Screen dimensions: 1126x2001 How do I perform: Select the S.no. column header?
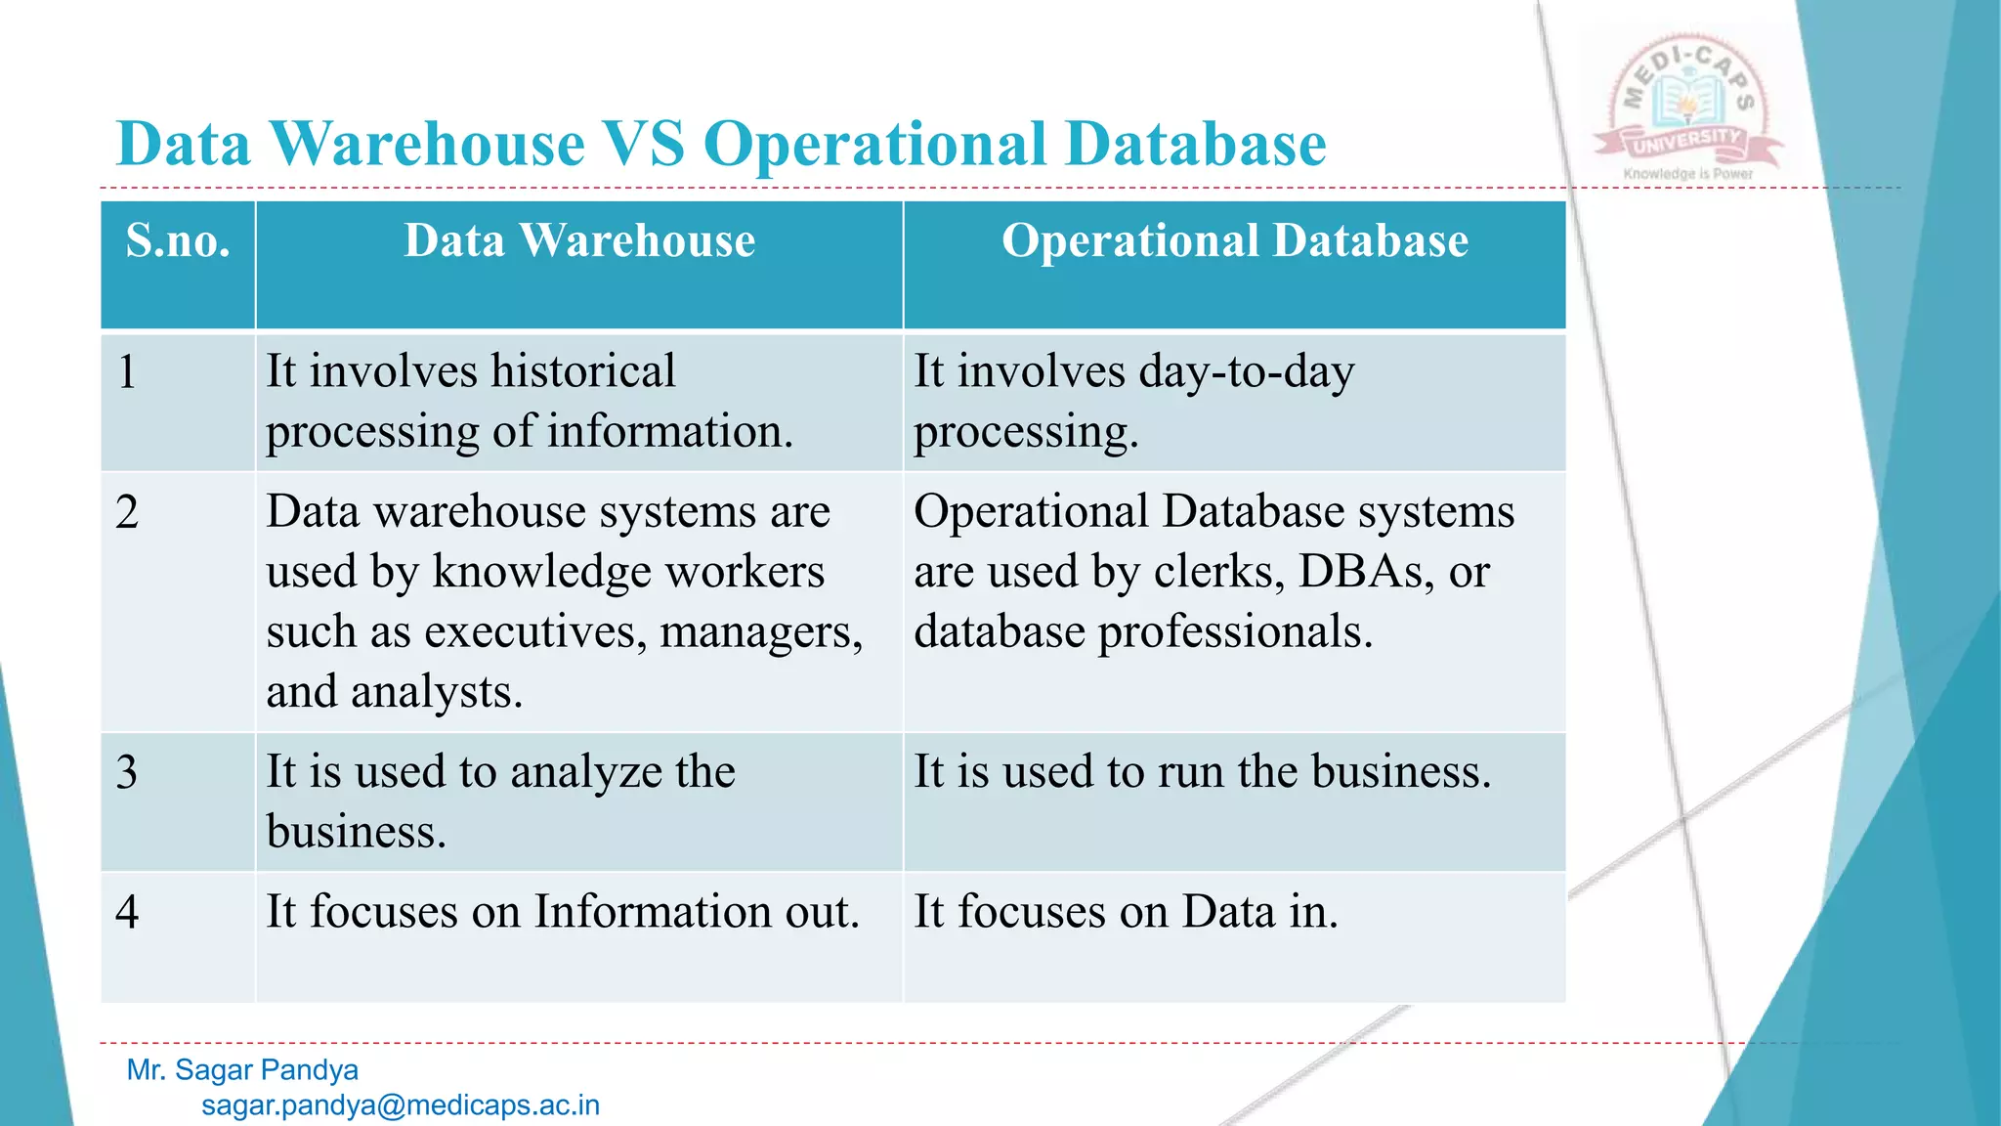[178, 240]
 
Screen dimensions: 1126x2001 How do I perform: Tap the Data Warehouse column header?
[579, 240]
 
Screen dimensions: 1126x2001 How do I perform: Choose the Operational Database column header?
[1234, 240]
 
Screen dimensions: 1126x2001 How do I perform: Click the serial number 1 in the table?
[127, 372]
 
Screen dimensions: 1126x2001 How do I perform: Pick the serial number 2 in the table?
[127, 512]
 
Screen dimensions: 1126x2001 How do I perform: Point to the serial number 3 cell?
[127, 772]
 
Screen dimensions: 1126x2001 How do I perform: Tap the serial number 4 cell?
[127, 912]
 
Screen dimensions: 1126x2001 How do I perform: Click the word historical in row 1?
[582, 371]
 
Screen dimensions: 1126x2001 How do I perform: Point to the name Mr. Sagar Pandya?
[242, 1069]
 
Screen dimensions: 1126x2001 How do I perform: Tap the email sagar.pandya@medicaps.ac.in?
[401, 1105]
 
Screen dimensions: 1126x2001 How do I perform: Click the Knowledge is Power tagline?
[1687, 174]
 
